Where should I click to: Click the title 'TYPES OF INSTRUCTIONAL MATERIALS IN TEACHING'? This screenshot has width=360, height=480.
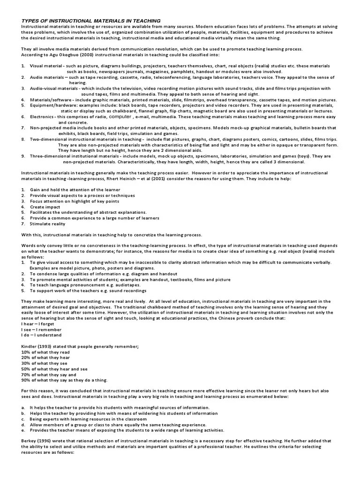pyautogui.click(x=91, y=21)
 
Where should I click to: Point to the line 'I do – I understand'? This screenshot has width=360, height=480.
pyautogui.click(x=41, y=335)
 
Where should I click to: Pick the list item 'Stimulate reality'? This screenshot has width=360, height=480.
pyautogui.click(x=48, y=224)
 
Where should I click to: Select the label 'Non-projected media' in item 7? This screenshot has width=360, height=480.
pyautogui.click(x=53, y=128)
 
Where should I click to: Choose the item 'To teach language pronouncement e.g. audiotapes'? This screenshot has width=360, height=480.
pyautogui.click(x=86, y=285)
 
